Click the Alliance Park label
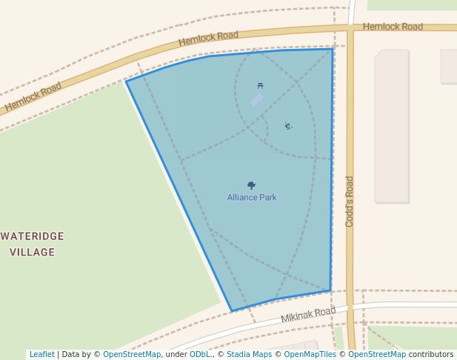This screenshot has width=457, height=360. pos(252,198)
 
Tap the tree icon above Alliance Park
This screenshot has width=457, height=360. pos(252,185)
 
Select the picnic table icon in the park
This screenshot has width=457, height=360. pos(260,86)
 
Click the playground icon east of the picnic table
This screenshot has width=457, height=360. pos(288,126)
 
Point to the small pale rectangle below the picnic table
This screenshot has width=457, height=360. pos(257,99)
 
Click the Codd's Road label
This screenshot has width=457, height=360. pos(350,201)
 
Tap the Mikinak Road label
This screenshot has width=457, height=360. pos(308,315)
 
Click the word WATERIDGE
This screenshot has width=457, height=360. pos(33,236)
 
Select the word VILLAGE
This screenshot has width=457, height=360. pos(33,253)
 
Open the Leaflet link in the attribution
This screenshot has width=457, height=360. pos(41,355)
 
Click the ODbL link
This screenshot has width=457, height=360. pos(200,355)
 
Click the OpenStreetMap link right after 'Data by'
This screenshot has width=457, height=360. pos(131,355)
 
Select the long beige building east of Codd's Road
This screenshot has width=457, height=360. pos(392,126)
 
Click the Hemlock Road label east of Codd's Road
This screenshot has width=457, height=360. pos(393,27)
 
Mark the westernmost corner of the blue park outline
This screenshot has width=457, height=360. pos(127,81)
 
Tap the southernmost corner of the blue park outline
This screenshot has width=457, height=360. pos(232,311)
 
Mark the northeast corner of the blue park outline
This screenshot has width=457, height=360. pos(333,49)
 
